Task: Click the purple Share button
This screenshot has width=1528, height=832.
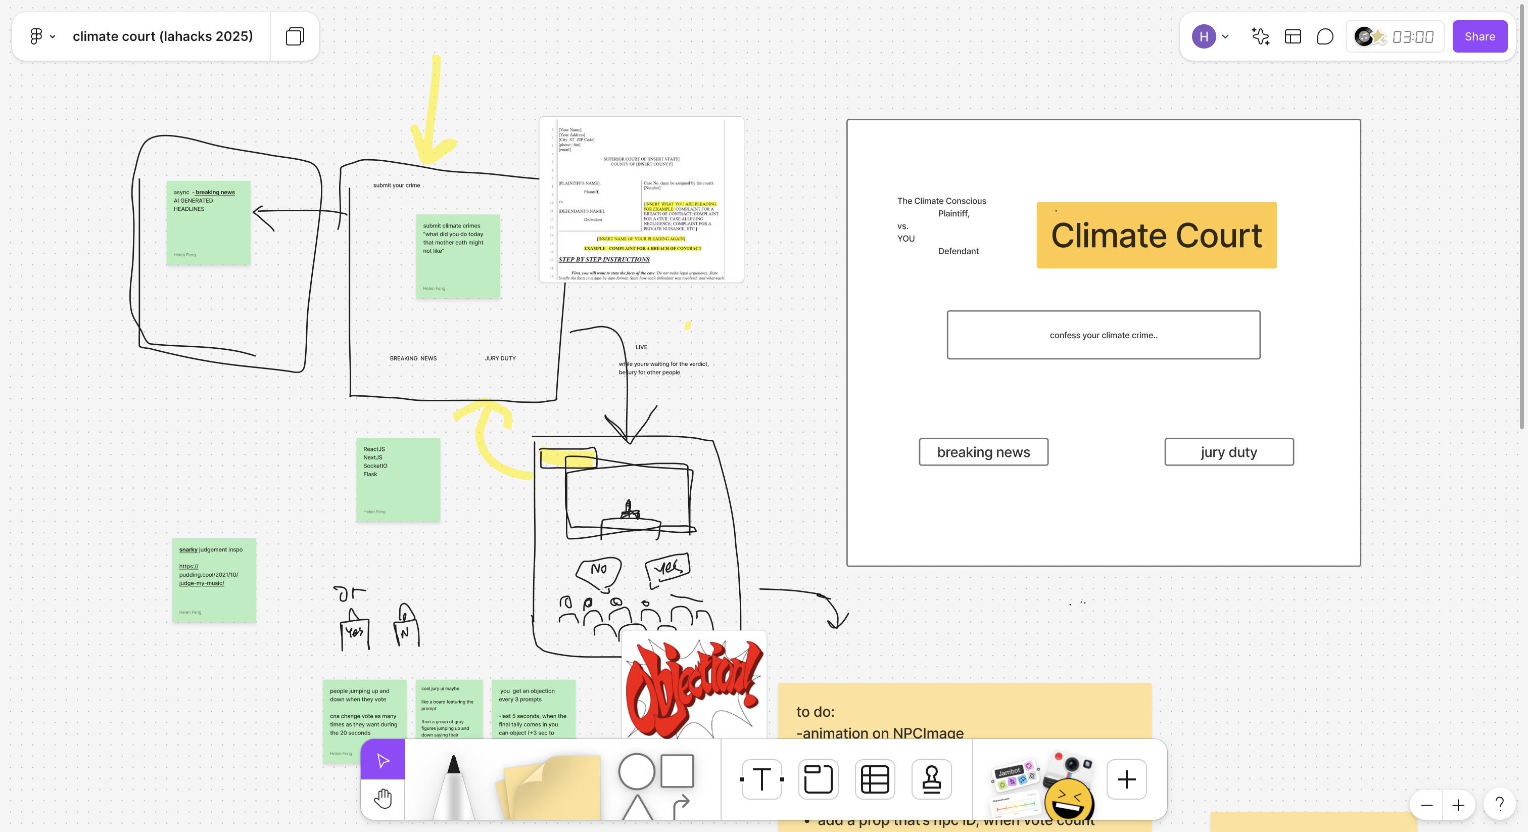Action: tap(1479, 37)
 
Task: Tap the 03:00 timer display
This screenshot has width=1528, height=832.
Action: tap(1412, 37)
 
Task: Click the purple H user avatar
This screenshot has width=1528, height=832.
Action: tap(1204, 37)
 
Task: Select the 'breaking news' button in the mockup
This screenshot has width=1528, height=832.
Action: tap(983, 452)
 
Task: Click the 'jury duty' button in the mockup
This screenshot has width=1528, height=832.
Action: tap(1228, 452)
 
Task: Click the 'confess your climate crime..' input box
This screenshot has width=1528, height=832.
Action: tap(1103, 335)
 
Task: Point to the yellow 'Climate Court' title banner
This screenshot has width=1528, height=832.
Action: tap(1156, 235)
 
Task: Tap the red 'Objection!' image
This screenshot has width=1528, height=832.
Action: tap(693, 688)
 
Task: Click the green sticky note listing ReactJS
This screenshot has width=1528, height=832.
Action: tap(398, 480)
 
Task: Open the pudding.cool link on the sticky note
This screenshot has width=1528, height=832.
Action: tap(208, 574)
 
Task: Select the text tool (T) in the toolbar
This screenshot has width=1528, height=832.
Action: tap(761, 779)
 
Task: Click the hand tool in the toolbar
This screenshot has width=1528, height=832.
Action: tap(383, 799)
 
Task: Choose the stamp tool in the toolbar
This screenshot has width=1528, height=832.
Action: tap(931, 779)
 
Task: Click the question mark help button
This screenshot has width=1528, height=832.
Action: tap(1499, 805)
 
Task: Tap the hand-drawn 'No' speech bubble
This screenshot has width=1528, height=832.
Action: tap(598, 570)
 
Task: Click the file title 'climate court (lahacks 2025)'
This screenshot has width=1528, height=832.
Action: tap(163, 37)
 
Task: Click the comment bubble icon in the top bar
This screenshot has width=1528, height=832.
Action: tap(1324, 37)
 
